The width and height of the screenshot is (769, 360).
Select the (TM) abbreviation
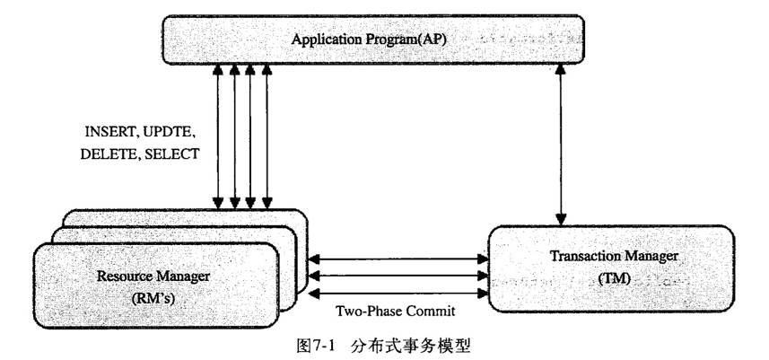[x=614, y=279]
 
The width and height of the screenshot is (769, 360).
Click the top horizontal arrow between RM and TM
[x=396, y=258]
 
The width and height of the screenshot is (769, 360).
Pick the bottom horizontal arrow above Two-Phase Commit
[x=396, y=292]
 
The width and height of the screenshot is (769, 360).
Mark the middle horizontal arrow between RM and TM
[x=396, y=275]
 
